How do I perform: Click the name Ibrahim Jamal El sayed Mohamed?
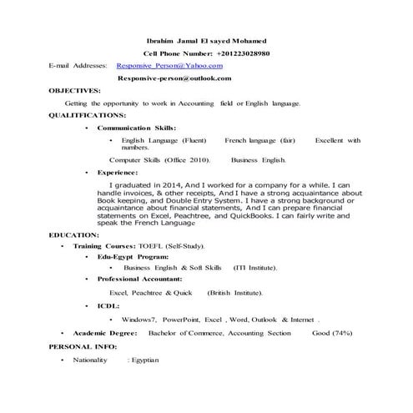click(x=207, y=41)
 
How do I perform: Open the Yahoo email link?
click(x=169, y=64)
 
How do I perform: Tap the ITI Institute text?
click(x=255, y=268)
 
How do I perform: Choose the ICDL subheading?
click(x=108, y=306)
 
